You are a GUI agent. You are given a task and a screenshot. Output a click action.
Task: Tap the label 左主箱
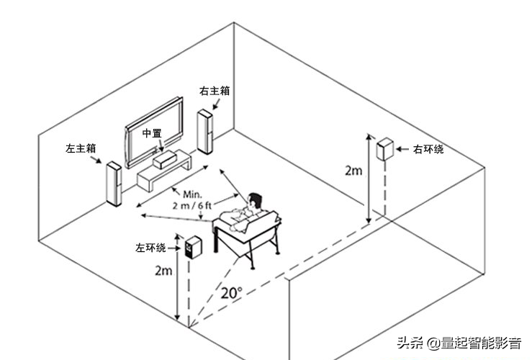click(81, 148)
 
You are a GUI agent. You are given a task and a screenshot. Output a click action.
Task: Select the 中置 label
click(152, 134)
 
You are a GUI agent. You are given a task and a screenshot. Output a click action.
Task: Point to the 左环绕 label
click(150, 248)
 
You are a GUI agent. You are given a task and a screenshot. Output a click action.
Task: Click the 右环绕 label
click(428, 149)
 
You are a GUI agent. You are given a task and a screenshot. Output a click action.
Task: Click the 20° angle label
click(231, 293)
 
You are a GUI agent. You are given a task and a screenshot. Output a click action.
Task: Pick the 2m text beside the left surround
click(163, 271)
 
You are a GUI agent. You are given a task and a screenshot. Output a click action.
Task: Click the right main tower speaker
click(205, 132)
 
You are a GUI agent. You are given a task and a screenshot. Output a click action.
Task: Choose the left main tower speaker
click(113, 184)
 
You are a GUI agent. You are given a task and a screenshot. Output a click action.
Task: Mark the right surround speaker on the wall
click(385, 150)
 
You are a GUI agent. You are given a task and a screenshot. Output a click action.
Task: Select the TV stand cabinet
click(164, 176)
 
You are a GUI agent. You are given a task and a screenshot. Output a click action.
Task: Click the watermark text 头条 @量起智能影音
click(458, 342)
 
